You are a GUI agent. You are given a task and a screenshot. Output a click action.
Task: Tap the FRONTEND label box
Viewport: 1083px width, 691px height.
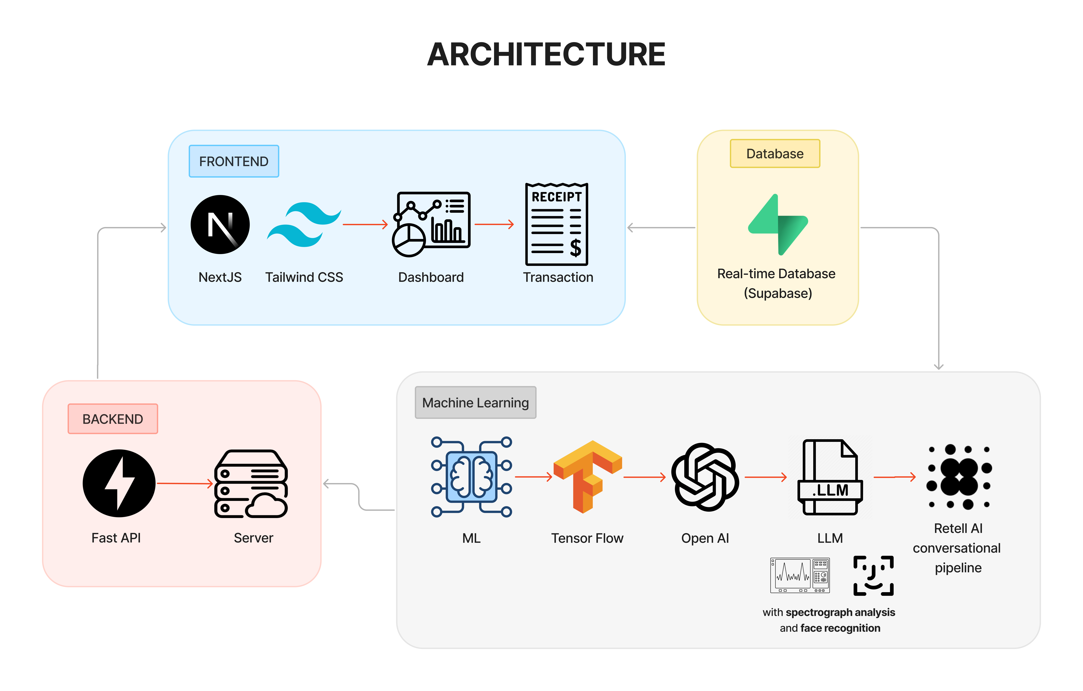(x=234, y=161)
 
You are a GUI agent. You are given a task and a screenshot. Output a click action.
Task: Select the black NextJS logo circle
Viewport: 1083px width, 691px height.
(x=220, y=225)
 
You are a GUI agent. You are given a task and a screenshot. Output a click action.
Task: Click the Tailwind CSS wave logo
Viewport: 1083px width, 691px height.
(x=304, y=225)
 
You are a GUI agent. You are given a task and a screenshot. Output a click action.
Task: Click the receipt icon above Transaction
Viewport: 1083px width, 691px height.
(x=557, y=224)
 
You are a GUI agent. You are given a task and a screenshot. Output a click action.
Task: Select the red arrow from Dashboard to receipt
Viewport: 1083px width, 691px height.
(x=494, y=224)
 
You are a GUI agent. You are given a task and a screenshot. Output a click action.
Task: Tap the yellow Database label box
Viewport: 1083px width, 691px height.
(x=775, y=153)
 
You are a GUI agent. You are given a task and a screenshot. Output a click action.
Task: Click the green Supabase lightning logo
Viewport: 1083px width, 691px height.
(x=778, y=225)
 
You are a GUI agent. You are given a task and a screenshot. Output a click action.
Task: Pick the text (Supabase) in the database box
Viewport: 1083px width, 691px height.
(x=778, y=293)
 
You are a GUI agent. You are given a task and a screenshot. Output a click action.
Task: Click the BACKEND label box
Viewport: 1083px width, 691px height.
(x=113, y=419)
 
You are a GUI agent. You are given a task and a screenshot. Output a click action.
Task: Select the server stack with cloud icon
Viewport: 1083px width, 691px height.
(x=251, y=484)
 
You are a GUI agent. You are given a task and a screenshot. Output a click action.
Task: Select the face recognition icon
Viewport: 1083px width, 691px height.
(x=873, y=576)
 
